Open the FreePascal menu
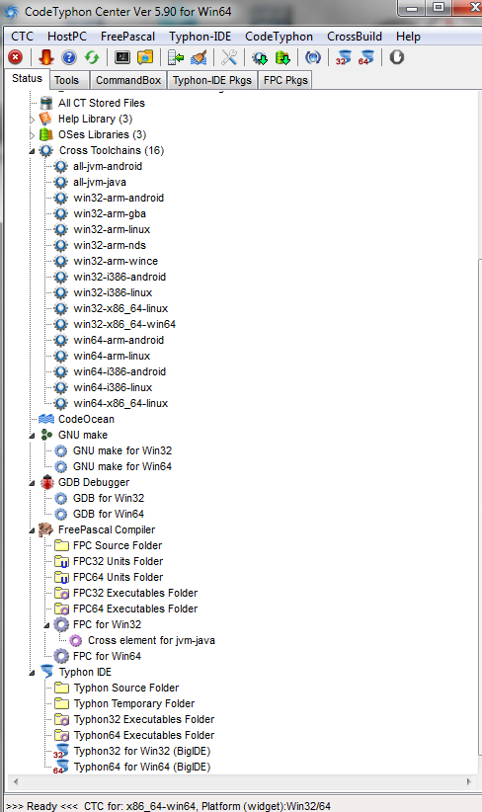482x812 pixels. pos(127,37)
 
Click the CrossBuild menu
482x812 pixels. pos(355,37)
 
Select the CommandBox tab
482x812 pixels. pos(128,80)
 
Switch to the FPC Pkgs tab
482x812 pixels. pos(285,80)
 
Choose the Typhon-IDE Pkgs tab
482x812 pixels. pos(212,80)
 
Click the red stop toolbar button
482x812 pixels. pos(16,57)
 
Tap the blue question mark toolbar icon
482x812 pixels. pos(69,57)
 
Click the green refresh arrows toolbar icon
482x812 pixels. pos(92,57)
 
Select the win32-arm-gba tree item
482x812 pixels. pos(110,214)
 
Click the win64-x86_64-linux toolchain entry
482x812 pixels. pos(120,403)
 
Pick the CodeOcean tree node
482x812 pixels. pos(86,419)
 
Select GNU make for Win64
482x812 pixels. pos(122,466)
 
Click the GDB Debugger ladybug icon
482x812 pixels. pos(47,482)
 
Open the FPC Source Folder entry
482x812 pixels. pos(118,546)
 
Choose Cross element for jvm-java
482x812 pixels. pos(151,640)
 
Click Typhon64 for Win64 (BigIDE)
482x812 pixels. pos(142,767)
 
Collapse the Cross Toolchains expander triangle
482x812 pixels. pos(32,151)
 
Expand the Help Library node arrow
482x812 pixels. pos(32,120)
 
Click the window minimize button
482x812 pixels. pos(413,8)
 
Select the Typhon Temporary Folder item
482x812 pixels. pos(134,703)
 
